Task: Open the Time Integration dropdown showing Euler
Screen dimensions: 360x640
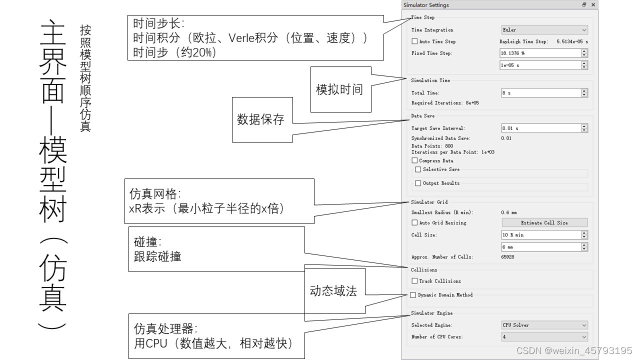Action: tap(544, 30)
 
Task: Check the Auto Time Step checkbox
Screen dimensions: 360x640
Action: tap(414, 41)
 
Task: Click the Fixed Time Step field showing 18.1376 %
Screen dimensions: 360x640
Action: tap(540, 53)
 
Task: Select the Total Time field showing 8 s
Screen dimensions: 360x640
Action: tap(540, 93)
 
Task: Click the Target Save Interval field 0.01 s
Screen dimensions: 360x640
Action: tap(540, 128)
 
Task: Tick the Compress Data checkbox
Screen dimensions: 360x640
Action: tap(414, 160)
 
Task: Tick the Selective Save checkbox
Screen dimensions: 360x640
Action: tap(418, 169)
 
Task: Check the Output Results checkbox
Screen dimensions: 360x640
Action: tap(418, 183)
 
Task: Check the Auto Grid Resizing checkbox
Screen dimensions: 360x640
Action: tap(414, 222)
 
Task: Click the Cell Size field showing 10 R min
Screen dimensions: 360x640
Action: tap(540, 235)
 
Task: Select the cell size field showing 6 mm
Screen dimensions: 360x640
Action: tap(540, 247)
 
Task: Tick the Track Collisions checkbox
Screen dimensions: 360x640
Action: tap(414, 281)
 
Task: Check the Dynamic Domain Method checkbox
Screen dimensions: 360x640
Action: tap(413, 295)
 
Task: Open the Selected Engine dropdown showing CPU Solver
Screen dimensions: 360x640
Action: tap(544, 325)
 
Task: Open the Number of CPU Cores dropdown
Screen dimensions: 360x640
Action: tap(544, 337)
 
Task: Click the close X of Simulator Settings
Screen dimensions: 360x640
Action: tap(593, 5)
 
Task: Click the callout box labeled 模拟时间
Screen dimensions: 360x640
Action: tap(340, 89)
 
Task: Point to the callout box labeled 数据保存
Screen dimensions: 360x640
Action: tap(262, 119)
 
